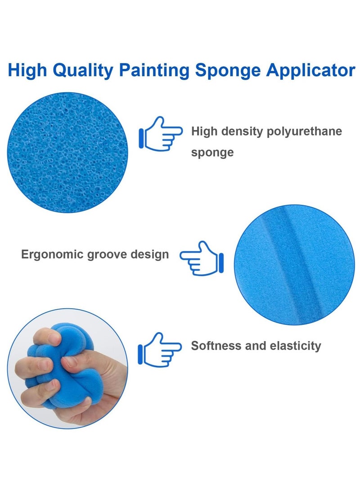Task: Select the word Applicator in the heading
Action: pos(310,71)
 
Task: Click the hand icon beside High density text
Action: pos(161,133)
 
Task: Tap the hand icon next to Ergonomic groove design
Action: pos(202,258)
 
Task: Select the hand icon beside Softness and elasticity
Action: pos(160,349)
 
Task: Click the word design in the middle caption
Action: pos(150,254)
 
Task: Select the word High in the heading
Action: pos(28,71)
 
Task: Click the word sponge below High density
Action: pos(212,152)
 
